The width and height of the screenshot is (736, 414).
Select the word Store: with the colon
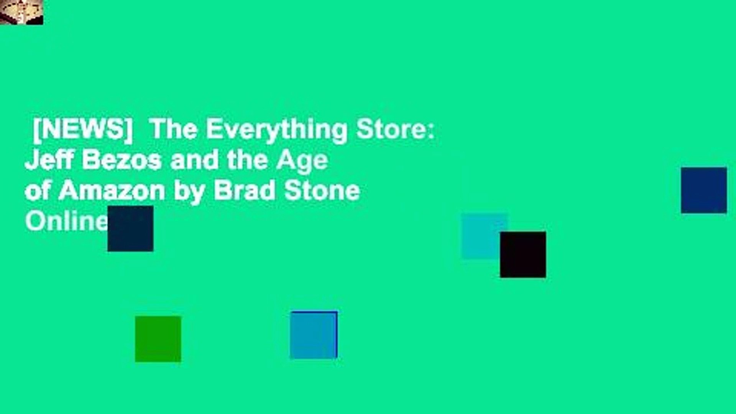click(396, 130)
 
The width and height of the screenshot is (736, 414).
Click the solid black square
click(523, 255)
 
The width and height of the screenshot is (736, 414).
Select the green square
click(158, 339)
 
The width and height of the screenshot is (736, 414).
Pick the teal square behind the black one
click(484, 235)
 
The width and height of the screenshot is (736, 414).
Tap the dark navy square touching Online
click(130, 228)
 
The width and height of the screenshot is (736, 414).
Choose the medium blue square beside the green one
click(314, 335)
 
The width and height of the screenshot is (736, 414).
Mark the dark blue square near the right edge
click(704, 190)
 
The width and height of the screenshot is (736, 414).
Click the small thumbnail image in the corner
click(21, 12)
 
